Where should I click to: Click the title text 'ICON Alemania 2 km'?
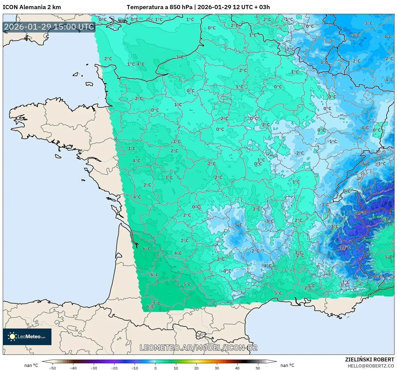click(x=32, y=7)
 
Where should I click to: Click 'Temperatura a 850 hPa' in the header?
click(x=159, y=7)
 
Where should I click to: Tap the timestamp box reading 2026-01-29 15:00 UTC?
click(x=49, y=27)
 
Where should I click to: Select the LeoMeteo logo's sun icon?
click(x=12, y=337)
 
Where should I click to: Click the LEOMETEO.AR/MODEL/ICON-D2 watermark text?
click(x=198, y=348)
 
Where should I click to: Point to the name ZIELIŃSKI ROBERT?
click(x=369, y=359)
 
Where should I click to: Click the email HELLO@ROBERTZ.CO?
click(x=371, y=366)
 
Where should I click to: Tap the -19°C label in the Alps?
click(x=360, y=213)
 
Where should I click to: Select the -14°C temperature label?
click(x=344, y=247)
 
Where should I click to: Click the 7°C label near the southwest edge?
click(x=156, y=303)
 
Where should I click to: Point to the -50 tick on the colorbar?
click(x=52, y=368)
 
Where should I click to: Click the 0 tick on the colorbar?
click(x=155, y=368)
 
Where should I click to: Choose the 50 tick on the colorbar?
click(x=258, y=368)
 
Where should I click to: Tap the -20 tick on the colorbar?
click(x=114, y=368)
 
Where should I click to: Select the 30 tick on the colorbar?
click(x=217, y=368)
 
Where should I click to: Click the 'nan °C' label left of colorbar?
click(x=31, y=365)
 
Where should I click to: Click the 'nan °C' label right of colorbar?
click(x=287, y=365)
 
